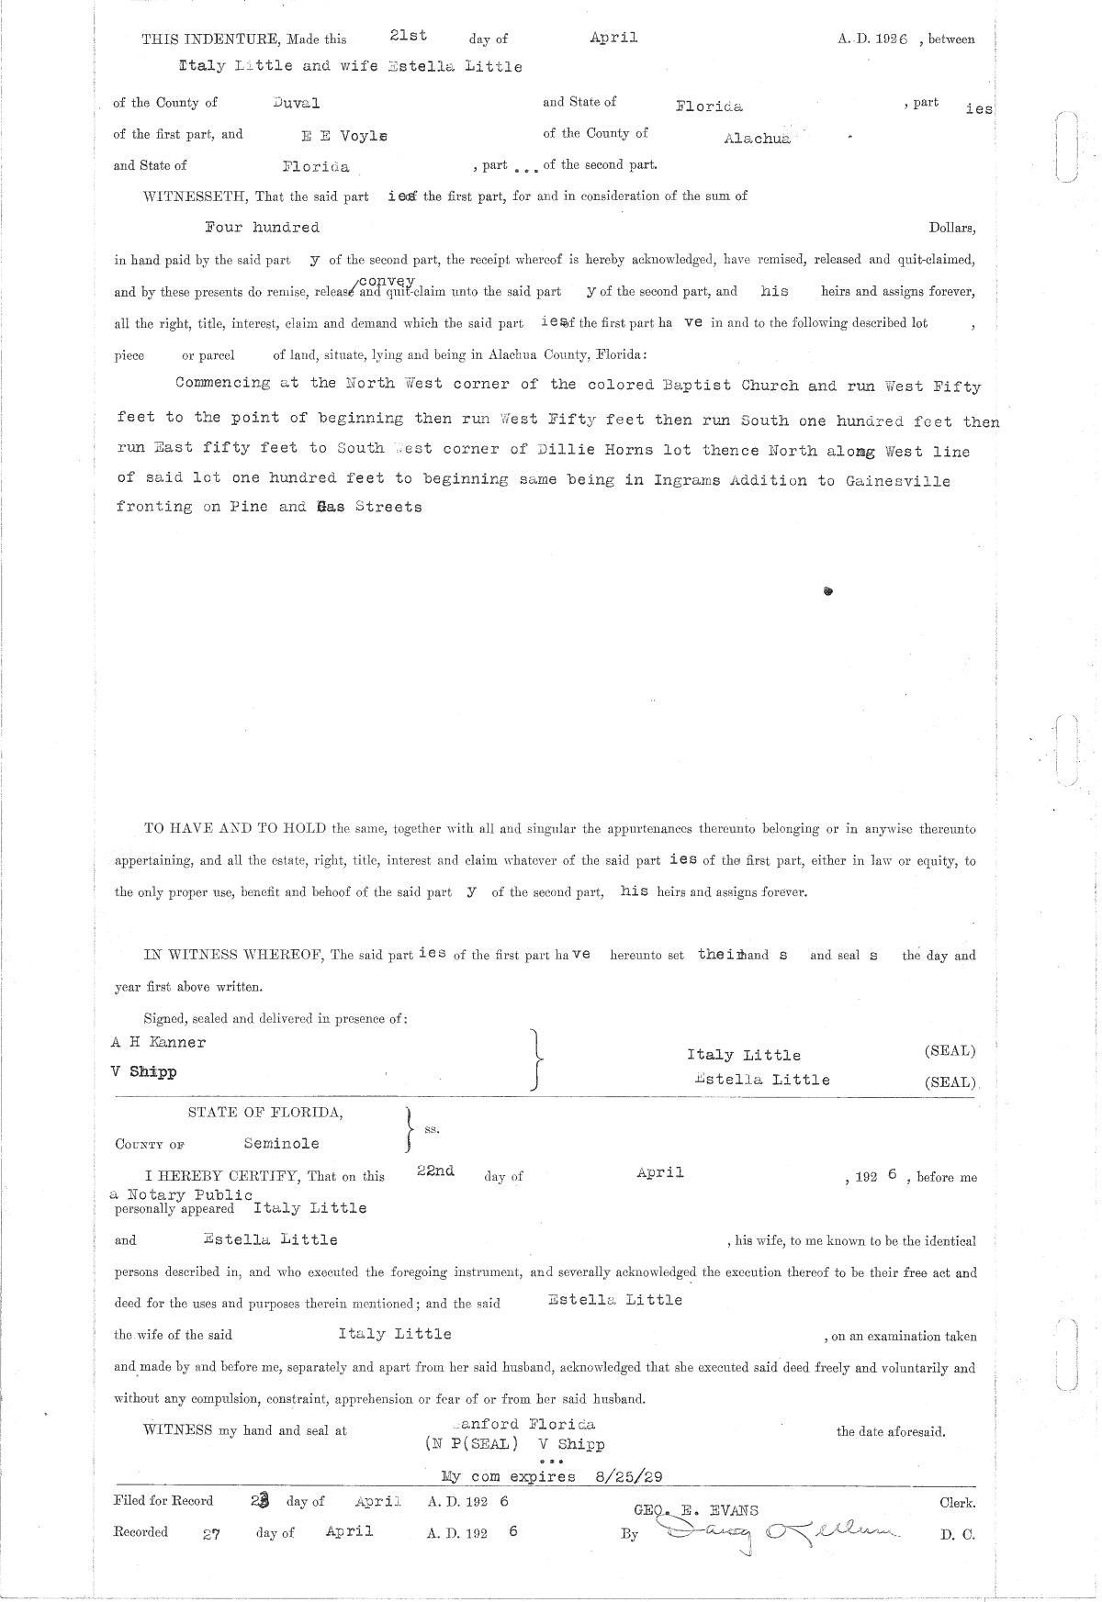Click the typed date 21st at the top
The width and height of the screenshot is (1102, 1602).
408,36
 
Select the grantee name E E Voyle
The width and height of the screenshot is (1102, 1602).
344,136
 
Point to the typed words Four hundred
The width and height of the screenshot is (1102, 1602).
262,228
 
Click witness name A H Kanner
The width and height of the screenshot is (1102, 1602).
158,1042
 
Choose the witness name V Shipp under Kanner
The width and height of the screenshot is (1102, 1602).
143,1071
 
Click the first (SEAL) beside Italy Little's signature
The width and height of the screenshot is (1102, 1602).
950,1051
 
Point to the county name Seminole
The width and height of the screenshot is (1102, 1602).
281,1143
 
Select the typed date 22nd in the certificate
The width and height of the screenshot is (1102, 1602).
435,1172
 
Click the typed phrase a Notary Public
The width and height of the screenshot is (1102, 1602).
181,1194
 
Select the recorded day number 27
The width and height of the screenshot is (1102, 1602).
211,1533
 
